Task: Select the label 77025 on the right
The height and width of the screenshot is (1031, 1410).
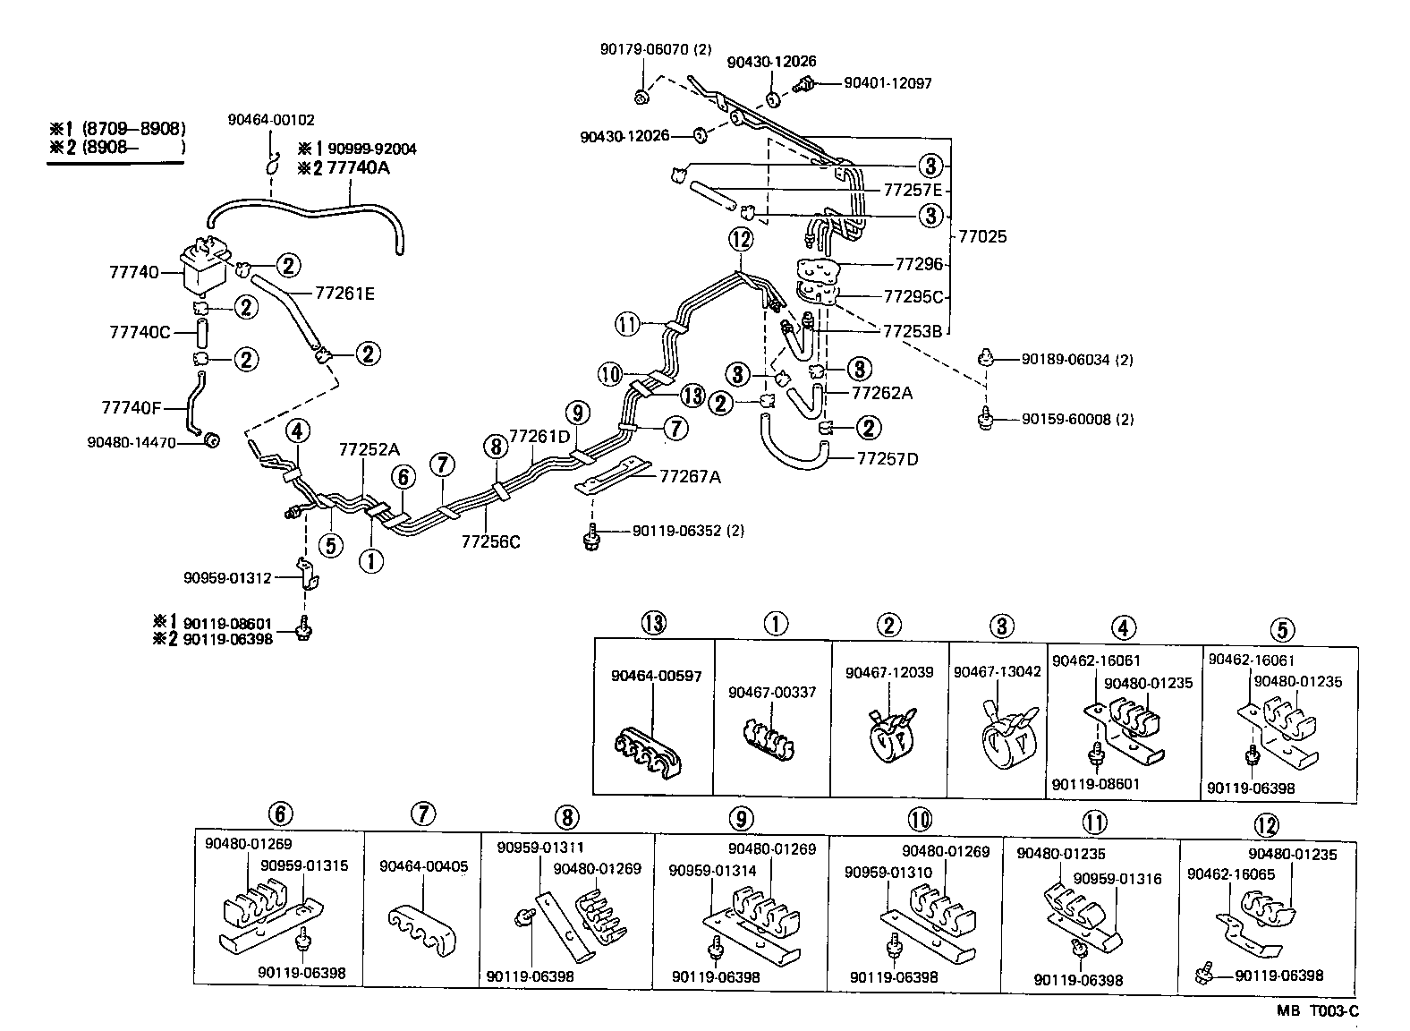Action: coord(982,237)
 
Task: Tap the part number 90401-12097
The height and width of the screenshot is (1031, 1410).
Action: coord(888,83)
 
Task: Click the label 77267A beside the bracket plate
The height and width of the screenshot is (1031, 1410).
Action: coord(690,476)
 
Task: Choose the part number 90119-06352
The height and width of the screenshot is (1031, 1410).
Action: coord(676,531)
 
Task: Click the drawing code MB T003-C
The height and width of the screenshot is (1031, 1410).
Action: coord(1317,1011)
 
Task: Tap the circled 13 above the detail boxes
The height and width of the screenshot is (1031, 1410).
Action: coord(654,623)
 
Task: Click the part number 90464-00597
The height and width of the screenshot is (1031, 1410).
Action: coord(657,676)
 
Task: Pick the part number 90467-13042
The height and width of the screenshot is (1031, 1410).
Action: coord(997,671)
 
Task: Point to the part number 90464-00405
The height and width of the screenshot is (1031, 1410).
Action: coord(423,866)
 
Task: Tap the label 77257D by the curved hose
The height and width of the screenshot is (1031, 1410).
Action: coord(888,459)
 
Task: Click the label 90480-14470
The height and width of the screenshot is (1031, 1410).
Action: coord(132,442)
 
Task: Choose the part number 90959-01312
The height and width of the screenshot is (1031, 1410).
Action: coord(227,578)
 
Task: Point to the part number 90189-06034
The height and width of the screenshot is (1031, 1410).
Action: coord(1066,360)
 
